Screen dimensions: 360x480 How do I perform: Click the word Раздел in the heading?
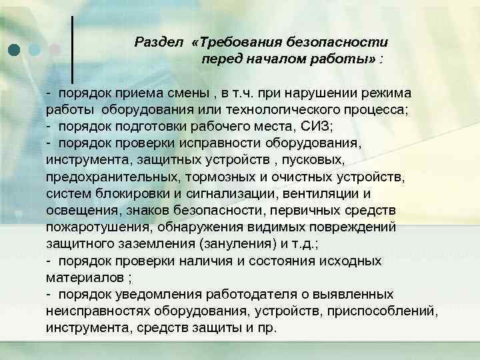pyautogui.click(x=159, y=42)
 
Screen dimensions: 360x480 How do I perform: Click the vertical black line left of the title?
pyautogui.click(x=72, y=50)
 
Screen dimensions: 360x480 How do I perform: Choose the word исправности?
pyautogui.click(x=227, y=142)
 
